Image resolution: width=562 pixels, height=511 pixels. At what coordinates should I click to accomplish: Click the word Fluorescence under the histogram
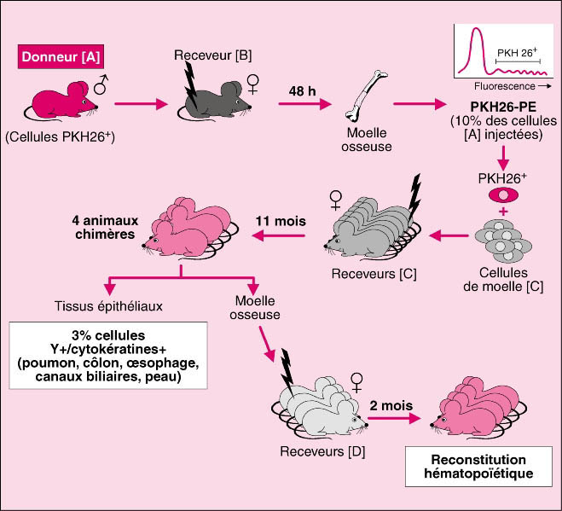click(503, 85)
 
